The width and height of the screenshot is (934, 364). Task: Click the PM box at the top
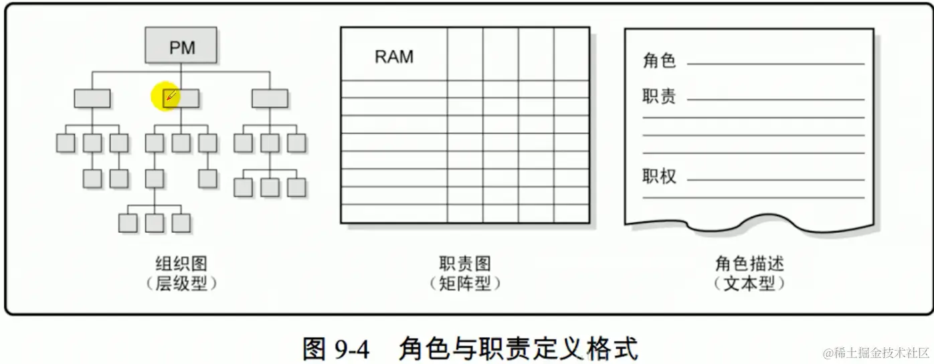181,46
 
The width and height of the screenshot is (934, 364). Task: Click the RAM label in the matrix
394,57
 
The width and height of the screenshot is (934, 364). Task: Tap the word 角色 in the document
659,62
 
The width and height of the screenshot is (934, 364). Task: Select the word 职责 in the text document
659,97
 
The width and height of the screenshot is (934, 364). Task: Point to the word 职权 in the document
659,177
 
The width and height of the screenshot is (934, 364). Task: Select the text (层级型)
181,284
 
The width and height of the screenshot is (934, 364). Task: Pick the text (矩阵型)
465,284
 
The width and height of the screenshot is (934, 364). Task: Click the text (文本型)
749,284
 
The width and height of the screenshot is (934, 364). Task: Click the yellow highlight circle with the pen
167,98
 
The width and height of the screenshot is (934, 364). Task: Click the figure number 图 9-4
337,349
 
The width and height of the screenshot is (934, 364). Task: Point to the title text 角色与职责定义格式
518,349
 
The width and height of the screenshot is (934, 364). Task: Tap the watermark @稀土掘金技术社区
876,352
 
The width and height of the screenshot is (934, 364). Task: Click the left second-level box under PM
92,98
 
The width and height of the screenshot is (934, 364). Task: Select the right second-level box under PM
270,98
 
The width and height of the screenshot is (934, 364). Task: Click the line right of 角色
775,64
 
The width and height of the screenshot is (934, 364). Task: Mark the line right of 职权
775,180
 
